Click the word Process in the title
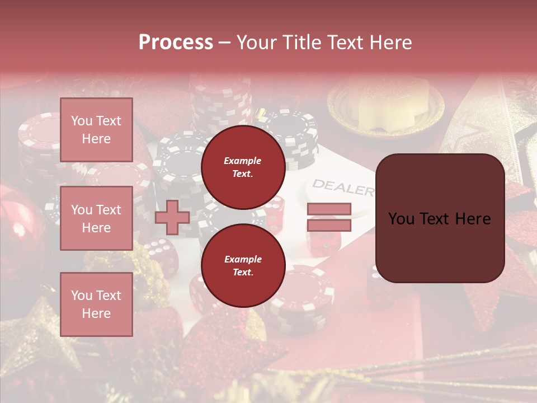[x=176, y=43]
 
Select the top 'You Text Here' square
[x=96, y=130]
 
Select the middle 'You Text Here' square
[x=96, y=218]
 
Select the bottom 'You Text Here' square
[x=96, y=304]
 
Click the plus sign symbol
[x=172, y=217]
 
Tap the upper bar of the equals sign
[x=329, y=209]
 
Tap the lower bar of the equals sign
[x=329, y=225]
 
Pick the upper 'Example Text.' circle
[x=243, y=167]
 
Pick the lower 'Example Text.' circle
[x=243, y=265]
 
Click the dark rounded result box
[x=440, y=218]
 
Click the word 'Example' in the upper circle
[x=243, y=161]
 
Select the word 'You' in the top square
[x=82, y=121]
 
